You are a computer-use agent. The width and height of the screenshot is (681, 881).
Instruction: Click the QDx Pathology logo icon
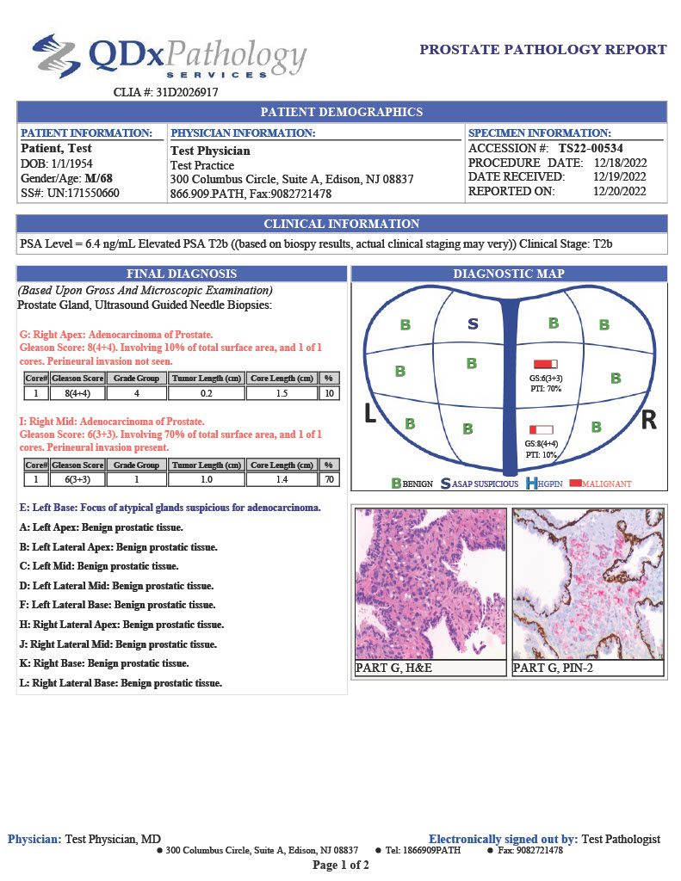[56, 56]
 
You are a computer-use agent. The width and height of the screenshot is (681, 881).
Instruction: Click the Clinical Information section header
[341, 224]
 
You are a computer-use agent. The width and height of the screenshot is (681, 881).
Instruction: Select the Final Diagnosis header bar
[182, 274]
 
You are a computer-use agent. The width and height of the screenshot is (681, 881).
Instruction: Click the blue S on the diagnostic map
[473, 324]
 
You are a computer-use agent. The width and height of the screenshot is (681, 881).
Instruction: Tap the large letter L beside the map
[370, 415]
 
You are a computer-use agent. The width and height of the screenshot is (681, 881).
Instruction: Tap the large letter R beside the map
[649, 420]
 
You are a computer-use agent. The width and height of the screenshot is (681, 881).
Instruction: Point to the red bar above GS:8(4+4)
[541, 428]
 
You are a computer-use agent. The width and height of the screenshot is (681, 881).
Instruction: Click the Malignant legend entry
[599, 484]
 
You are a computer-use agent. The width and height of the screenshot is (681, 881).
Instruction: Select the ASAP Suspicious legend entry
[480, 484]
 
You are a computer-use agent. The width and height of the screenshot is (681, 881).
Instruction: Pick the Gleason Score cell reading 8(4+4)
[77, 392]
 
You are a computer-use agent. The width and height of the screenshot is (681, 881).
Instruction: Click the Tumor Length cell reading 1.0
[207, 479]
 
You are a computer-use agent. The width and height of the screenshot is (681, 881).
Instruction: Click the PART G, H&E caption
[387, 668]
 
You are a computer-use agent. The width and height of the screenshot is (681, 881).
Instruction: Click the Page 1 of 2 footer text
[341, 865]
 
